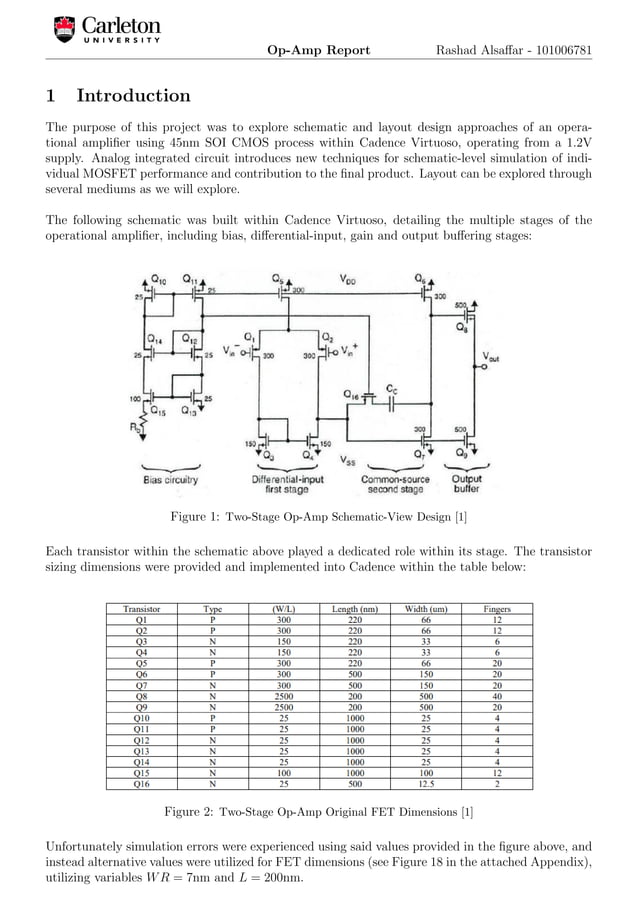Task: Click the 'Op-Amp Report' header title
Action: [x=318, y=51]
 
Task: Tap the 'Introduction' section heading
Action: [x=133, y=97]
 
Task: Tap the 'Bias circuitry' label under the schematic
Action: [x=168, y=479]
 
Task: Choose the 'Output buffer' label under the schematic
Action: [x=467, y=484]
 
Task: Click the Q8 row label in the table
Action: [x=141, y=698]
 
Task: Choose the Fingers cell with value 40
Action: [x=497, y=698]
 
